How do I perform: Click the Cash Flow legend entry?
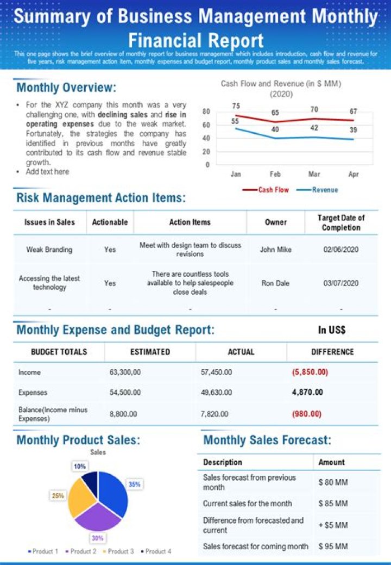pyautogui.click(x=266, y=190)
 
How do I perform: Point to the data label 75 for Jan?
pyautogui.click(x=236, y=106)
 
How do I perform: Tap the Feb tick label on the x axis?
pyautogui.click(x=275, y=174)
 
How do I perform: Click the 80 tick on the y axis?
pyautogui.click(x=206, y=111)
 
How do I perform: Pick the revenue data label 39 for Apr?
pyautogui.click(x=353, y=130)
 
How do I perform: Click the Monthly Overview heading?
pyautogui.click(x=66, y=88)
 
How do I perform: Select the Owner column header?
pyautogui.click(x=276, y=222)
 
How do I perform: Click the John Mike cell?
pyautogui.click(x=275, y=250)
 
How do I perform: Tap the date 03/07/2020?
pyautogui.click(x=341, y=283)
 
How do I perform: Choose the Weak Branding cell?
pyautogui.click(x=49, y=250)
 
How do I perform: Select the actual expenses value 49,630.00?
pyautogui.click(x=216, y=392)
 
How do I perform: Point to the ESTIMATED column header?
pyautogui.click(x=150, y=352)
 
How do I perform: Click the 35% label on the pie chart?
pyautogui.click(x=134, y=483)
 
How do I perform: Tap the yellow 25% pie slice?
pyautogui.click(x=81, y=498)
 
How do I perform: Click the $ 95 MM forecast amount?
pyautogui.click(x=333, y=546)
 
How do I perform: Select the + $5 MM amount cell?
pyautogui.click(x=333, y=525)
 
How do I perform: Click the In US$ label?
pyautogui.click(x=332, y=330)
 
